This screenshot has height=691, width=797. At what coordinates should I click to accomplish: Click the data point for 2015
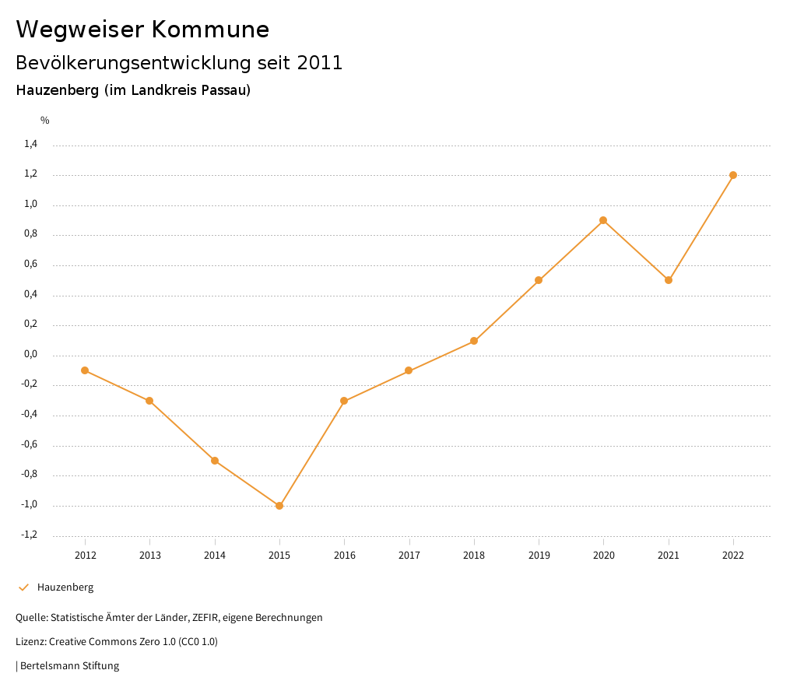pos(279,506)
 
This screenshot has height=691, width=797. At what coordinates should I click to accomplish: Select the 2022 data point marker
pos(733,175)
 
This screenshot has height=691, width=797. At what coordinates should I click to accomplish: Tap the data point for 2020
pos(603,220)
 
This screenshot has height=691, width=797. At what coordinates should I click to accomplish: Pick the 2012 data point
pos(85,370)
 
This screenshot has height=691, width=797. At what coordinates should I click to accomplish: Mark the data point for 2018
pos(474,341)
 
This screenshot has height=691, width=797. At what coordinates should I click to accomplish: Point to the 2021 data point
pos(669,280)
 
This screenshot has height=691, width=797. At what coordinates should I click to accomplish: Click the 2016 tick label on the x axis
pos(344,555)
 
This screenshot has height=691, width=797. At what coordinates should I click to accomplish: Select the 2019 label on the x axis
pos(539,555)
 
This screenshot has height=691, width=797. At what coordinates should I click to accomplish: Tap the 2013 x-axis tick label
pos(149,555)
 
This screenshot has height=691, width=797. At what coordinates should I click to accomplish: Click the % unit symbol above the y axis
pos(45,121)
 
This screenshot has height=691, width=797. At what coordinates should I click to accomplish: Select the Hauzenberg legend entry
pos(65,588)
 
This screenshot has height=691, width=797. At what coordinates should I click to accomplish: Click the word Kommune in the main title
pos(210,30)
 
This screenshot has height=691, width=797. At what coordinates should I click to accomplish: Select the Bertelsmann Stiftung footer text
pos(69,666)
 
